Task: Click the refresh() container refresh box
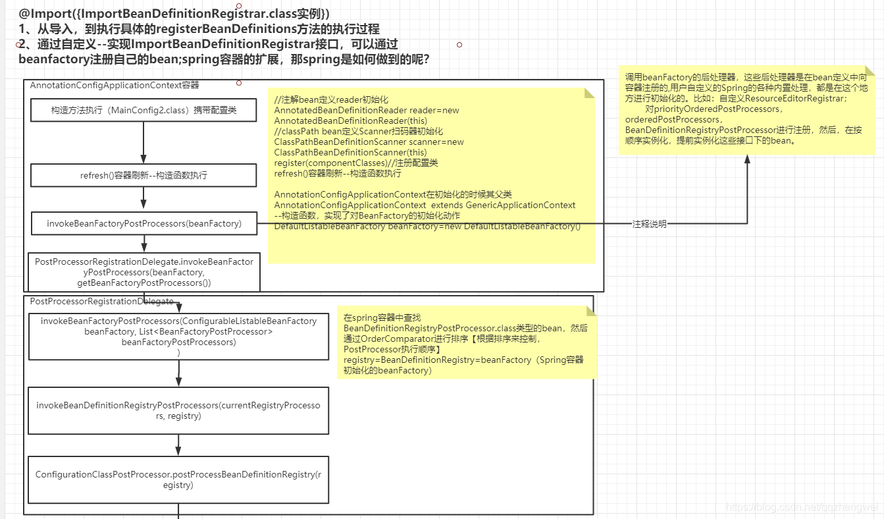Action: click(143, 175)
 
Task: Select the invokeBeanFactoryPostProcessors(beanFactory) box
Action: click(143, 224)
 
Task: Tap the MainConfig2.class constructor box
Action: click(143, 110)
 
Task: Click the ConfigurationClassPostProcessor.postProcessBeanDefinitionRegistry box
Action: click(178, 479)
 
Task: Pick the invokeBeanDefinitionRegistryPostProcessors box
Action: click(178, 410)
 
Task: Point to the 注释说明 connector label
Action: click(650, 225)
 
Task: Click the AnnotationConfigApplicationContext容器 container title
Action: click(115, 86)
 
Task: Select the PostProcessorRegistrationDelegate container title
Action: click(102, 302)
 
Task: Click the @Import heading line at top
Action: click(174, 13)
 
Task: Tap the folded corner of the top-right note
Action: click(869, 70)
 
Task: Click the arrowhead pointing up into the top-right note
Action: click(747, 160)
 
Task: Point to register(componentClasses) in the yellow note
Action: click(330, 163)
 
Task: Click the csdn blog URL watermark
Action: click(802, 507)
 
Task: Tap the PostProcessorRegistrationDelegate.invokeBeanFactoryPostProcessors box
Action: click(143, 272)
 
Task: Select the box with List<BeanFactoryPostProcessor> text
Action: click(178, 336)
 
